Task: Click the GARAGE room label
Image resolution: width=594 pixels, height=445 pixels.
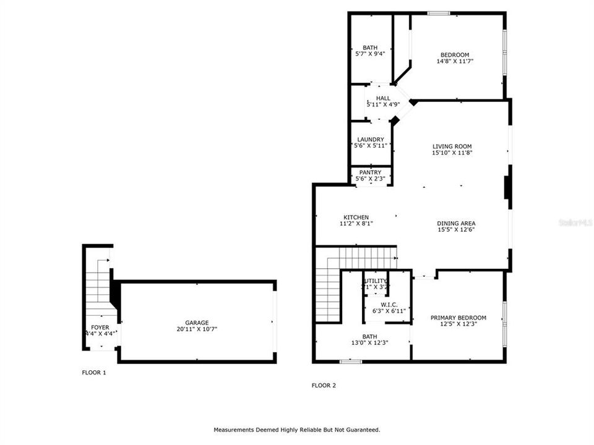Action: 197,323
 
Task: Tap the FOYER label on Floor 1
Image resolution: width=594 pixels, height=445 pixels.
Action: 100,327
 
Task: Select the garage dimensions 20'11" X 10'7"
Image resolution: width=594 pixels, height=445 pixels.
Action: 197,329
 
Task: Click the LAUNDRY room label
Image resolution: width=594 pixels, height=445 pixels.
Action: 371,140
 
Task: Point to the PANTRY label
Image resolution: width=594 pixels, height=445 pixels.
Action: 371,172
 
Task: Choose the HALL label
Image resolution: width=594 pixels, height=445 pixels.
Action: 383,98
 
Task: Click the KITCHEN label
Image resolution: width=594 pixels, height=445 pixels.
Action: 356,218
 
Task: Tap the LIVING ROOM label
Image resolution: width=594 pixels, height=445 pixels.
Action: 452,146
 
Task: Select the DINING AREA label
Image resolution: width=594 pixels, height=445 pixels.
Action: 456,223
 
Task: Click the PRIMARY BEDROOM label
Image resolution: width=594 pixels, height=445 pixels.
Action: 458,318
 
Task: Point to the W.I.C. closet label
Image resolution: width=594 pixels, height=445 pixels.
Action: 389,304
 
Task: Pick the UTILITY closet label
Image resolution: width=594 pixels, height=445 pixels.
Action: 376,281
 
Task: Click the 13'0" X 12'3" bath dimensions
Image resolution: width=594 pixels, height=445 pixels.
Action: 369,343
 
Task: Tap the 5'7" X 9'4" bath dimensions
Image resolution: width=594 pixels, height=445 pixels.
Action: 370,54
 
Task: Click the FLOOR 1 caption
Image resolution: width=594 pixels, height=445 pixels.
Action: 94,373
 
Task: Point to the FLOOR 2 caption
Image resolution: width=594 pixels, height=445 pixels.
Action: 324,386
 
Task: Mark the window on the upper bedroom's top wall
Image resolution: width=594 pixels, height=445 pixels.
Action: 439,13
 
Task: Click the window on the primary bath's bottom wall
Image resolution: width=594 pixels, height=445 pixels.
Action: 351,361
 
